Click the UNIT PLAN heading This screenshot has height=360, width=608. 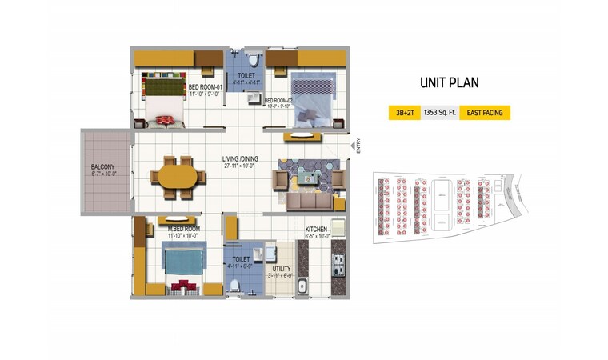pyautogui.click(x=449, y=82)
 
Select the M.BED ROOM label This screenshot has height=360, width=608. pyautogui.click(x=183, y=229)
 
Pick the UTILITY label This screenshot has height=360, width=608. pyautogui.click(x=281, y=269)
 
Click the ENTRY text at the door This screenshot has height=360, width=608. pyautogui.click(x=358, y=147)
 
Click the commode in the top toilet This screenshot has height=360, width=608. pyautogui.click(x=253, y=60)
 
